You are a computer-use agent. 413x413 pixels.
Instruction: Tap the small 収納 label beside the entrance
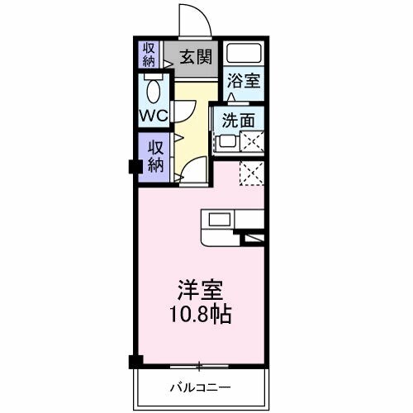pyautogui.click(x=148, y=54)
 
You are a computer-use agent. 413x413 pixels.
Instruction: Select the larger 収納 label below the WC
pyautogui.click(x=155, y=154)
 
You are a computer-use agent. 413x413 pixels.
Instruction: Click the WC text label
pyautogui.click(x=154, y=115)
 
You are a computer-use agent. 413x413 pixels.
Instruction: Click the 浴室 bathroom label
pyautogui.click(x=244, y=82)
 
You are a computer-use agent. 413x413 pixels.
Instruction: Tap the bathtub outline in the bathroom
pyautogui.click(x=244, y=55)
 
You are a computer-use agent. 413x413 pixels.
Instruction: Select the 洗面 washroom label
pyautogui.click(x=238, y=119)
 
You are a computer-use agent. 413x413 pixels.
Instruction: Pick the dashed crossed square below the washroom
pyautogui.click(x=251, y=172)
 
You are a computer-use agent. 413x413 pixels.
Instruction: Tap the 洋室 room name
pyautogui.click(x=201, y=292)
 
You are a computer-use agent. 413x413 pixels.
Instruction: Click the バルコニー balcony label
pyautogui.click(x=201, y=387)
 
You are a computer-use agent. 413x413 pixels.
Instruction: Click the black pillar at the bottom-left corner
pyautogui.click(x=135, y=361)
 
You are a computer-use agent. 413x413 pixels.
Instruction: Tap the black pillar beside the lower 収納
pyautogui.click(x=133, y=165)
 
